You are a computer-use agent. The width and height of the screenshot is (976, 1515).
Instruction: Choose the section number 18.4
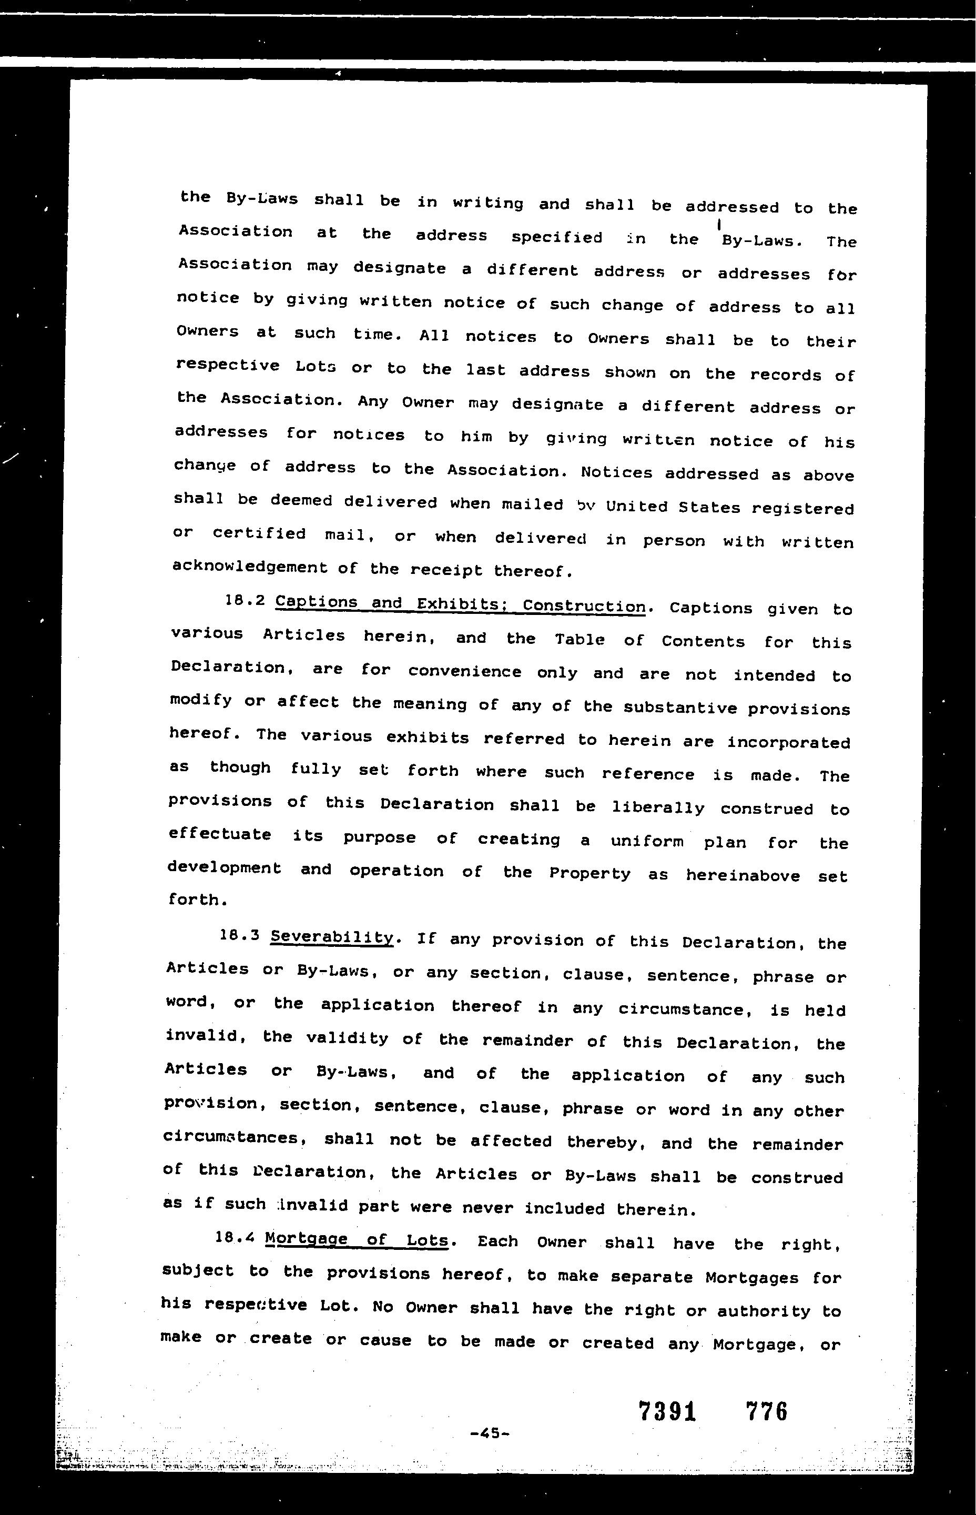(x=235, y=1237)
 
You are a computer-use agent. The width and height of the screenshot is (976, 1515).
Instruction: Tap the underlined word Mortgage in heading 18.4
(x=306, y=1239)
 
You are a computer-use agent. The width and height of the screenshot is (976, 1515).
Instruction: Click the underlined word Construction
(x=584, y=606)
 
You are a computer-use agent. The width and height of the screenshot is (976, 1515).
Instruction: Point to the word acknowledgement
(x=250, y=567)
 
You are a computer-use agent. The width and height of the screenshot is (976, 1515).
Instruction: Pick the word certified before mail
(x=259, y=534)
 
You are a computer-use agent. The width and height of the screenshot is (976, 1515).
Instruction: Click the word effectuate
(x=220, y=834)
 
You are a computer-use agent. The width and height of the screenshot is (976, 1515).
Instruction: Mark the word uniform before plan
(x=647, y=842)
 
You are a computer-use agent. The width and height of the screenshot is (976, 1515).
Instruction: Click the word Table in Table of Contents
(x=579, y=640)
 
